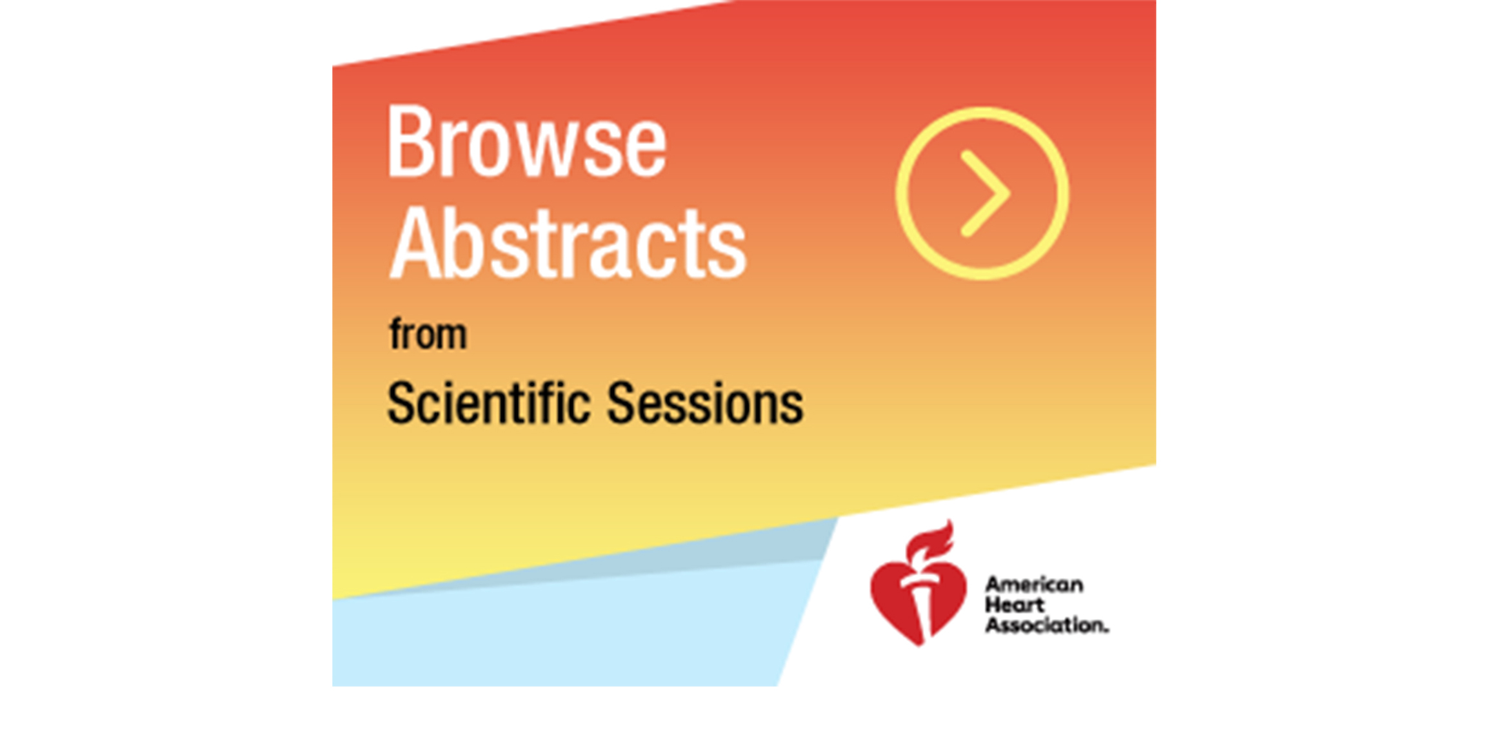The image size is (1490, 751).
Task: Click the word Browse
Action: (x=526, y=141)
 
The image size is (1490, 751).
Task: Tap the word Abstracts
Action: (x=568, y=243)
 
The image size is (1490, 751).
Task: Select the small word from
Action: (x=428, y=334)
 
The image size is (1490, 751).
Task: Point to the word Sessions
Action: (x=705, y=403)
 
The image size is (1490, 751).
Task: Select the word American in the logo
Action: (x=1034, y=585)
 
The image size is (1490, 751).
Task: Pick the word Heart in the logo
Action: (x=1014, y=605)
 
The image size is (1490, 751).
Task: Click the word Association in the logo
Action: (x=1045, y=625)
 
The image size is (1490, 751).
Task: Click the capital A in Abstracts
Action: (x=415, y=243)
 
